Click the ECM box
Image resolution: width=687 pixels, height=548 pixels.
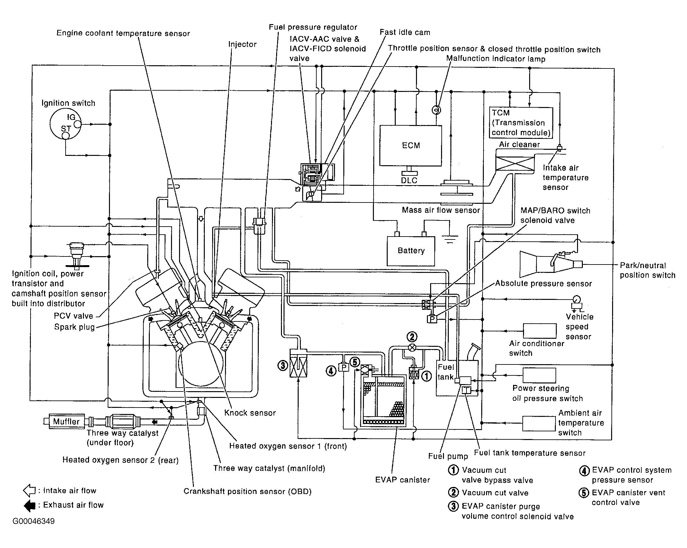click(x=411, y=146)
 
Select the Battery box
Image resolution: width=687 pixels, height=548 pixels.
click(x=411, y=251)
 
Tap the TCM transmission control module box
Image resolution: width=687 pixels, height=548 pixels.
click(x=521, y=123)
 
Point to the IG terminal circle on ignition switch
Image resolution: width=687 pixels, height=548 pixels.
click(x=78, y=124)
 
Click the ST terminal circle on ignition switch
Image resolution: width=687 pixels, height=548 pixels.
click(x=66, y=136)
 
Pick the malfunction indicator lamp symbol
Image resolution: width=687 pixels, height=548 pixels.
click(x=436, y=110)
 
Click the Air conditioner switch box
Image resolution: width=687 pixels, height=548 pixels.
click(x=540, y=331)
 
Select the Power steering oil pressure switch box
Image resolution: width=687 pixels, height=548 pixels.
click(x=539, y=375)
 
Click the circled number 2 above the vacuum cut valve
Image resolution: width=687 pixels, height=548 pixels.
click(x=412, y=337)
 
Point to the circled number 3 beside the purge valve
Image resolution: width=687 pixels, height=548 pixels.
click(x=283, y=365)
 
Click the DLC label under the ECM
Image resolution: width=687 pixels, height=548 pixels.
click(x=409, y=180)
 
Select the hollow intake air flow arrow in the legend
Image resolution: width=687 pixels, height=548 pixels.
click(x=30, y=491)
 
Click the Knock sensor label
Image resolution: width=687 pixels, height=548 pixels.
click(x=250, y=413)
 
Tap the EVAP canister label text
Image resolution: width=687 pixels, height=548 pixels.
click(x=402, y=480)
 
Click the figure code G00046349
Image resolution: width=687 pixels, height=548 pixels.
click(x=34, y=521)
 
